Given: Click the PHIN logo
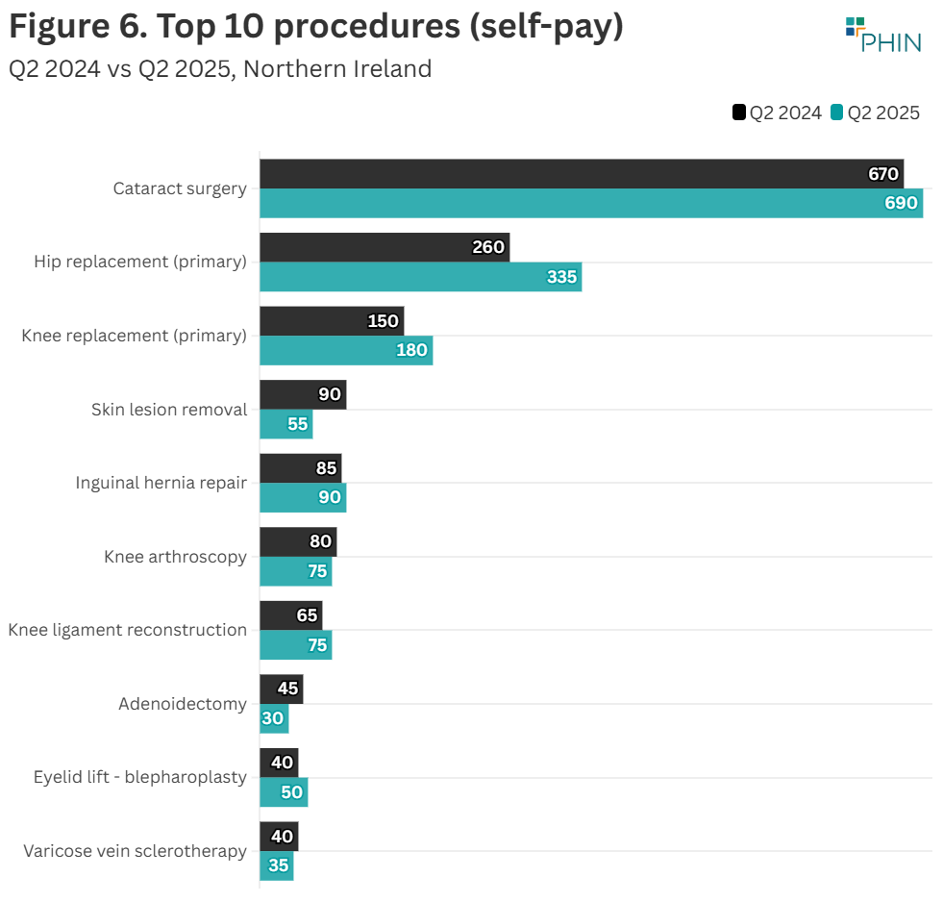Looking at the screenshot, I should click(882, 35).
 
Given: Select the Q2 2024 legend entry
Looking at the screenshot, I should click(778, 113).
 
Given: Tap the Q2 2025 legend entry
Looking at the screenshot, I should click(876, 113).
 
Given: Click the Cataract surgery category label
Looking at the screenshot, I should click(180, 188).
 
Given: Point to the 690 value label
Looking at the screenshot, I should click(901, 204).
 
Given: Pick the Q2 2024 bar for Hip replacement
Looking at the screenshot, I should click(385, 247).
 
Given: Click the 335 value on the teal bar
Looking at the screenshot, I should click(561, 278).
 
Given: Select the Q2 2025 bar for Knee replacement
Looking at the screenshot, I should click(346, 351).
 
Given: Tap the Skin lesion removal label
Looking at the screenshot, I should click(169, 410).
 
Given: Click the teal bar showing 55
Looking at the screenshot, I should click(285, 424).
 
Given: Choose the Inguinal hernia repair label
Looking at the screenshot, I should click(161, 483).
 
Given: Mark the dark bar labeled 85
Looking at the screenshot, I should click(300, 468).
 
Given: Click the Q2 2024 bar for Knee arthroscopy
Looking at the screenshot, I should click(298, 542).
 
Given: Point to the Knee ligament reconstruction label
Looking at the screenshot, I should click(128, 630).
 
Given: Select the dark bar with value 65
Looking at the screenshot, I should click(290, 615).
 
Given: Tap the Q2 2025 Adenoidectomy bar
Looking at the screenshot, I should click(274, 719).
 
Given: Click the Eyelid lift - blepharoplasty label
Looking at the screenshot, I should click(140, 777).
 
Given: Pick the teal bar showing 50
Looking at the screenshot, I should click(284, 792).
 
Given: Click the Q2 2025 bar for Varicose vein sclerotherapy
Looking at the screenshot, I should click(276, 865).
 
